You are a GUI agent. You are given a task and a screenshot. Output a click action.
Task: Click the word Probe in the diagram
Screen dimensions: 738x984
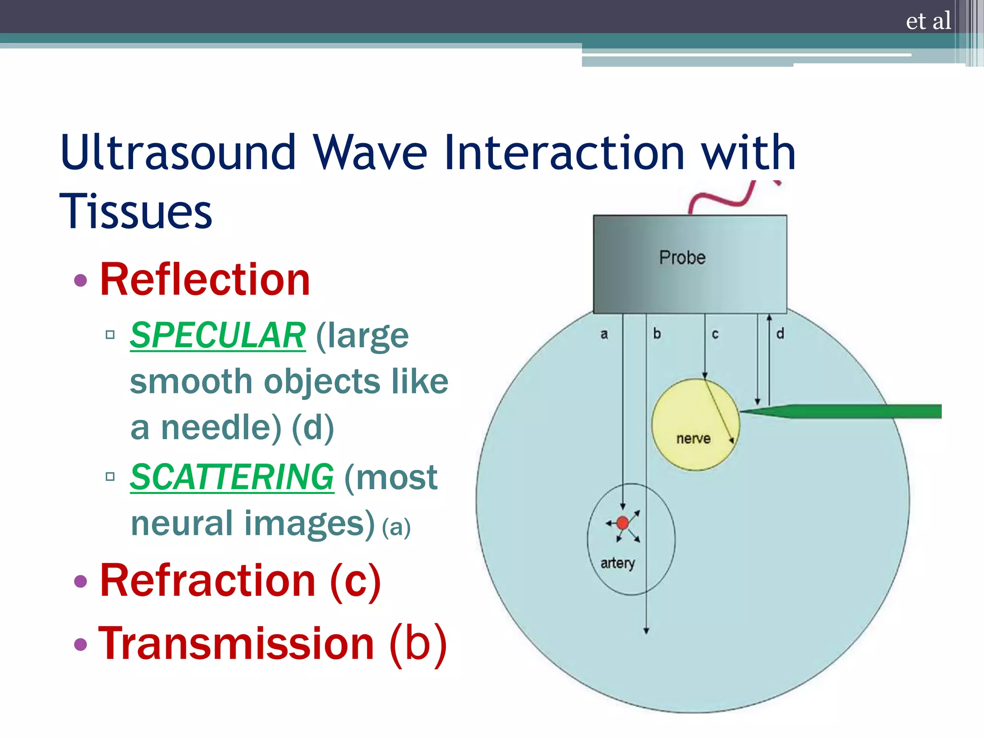point(682,258)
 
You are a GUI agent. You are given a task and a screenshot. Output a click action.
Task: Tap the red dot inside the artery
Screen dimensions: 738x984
point(623,523)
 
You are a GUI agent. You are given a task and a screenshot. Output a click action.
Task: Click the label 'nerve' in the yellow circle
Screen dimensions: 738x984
point(693,439)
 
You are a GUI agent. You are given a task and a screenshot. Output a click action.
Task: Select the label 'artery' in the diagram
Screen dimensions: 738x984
point(617,563)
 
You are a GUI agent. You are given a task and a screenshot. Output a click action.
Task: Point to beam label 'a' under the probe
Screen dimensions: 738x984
point(604,334)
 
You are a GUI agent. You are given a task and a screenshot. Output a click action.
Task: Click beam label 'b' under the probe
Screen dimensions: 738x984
point(657,333)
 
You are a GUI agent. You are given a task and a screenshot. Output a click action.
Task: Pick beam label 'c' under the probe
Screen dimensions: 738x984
point(715,334)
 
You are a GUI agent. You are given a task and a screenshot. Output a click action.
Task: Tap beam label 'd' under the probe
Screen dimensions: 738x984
point(780,333)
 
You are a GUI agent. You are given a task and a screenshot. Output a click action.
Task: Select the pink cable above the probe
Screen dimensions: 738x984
point(721,199)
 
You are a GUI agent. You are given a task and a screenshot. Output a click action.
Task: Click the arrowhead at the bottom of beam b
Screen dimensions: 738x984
point(646,631)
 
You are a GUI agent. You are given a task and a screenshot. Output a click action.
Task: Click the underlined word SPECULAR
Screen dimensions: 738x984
point(218,335)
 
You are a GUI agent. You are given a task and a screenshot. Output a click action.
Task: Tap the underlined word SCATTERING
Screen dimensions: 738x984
point(232,477)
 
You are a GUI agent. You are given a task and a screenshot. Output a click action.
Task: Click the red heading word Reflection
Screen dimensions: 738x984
point(205,280)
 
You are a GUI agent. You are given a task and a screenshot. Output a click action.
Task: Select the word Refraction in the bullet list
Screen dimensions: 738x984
point(208,581)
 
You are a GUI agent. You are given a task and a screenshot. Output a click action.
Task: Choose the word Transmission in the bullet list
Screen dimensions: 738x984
point(236,644)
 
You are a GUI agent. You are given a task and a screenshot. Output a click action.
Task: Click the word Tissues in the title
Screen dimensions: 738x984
point(135,211)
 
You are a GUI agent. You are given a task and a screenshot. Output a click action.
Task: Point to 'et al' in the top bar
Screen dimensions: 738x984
point(928,21)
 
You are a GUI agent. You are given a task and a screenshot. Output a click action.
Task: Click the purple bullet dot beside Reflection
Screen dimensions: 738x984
point(81,280)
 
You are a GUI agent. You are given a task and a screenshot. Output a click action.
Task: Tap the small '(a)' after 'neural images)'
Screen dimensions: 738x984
point(396,528)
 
